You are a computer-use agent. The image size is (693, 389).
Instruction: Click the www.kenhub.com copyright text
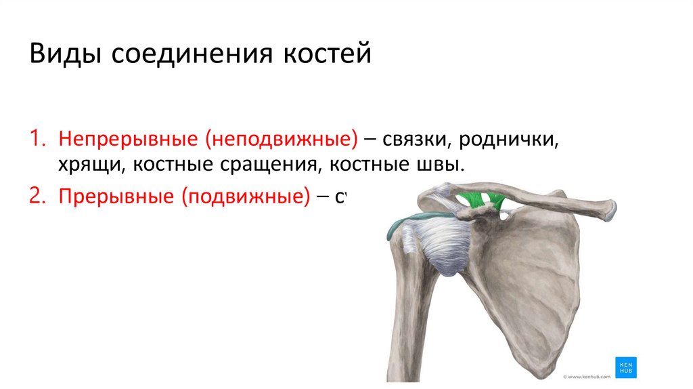coord(587,374)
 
